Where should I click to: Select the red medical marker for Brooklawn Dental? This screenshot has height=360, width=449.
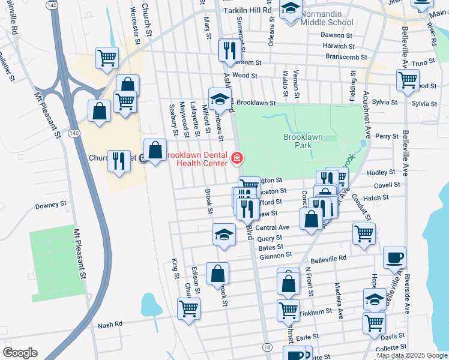(x=237, y=159)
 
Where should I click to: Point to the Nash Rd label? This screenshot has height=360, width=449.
(x=110, y=325)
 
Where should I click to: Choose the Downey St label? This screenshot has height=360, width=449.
(x=50, y=205)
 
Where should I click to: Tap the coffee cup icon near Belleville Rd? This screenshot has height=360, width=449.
(x=394, y=257)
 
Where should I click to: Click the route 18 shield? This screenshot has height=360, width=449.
(x=267, y=347)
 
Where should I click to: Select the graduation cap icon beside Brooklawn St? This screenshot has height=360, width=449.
(x=220, y=98)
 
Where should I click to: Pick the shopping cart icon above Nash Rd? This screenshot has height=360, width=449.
(x=188, y=308)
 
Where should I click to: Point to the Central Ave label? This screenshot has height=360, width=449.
(x=273, y=228)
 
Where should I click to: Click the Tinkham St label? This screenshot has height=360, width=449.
(x=317, y=312)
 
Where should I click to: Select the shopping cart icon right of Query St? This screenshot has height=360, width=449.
(x=364, y=233)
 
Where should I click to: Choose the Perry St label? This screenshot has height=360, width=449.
(x=387, y=137)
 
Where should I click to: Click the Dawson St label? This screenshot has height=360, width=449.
(x=337, y=35)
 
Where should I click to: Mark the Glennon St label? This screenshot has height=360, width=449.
(x=276, y=255)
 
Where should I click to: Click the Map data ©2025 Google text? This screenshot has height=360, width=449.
(x=411, y=355)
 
